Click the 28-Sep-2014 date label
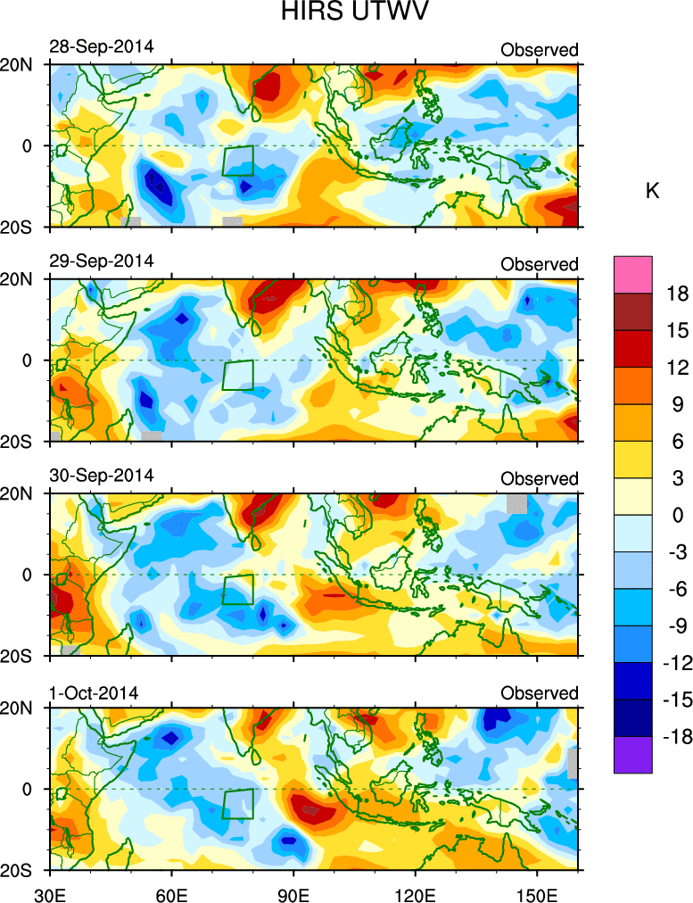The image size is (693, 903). coord(101,46)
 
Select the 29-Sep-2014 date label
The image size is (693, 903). coord(101,261)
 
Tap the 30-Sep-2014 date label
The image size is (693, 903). coord(101,475)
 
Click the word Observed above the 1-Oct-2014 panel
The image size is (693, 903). coord(540,693)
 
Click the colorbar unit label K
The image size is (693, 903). coord(652,190)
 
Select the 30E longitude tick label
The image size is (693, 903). coord(47,892)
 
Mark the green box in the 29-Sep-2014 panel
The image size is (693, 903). coord(238,375)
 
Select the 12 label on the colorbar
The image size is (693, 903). coord(677,367)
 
